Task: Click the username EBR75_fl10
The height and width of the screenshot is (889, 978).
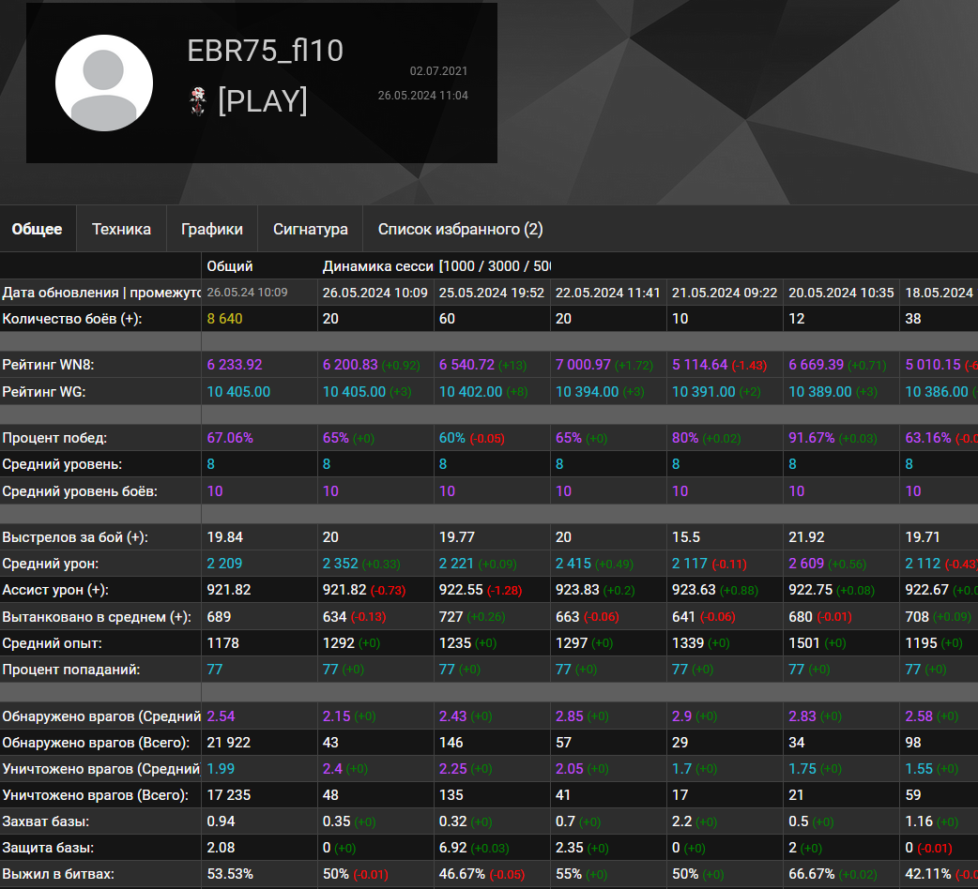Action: tap(266, 51)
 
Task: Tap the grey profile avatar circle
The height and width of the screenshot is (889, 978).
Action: tap(104, 83)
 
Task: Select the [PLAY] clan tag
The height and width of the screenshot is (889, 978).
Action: tap(262, 100)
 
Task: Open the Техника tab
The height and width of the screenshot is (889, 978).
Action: tap(121, 229)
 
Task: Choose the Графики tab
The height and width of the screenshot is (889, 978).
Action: tap(212, 229)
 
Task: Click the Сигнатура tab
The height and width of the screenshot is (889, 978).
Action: tap(311, 229)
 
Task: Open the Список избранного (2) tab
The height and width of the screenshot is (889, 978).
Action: tap(460, 229)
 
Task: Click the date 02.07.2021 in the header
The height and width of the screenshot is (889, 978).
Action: tap(438, 71)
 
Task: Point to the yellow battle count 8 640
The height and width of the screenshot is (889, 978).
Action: tap(225, 319)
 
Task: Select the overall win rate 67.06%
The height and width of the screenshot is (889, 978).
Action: tap(230, 438)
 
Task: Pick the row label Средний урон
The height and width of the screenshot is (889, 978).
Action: tap(51, 564)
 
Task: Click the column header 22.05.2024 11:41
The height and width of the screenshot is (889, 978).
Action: tap(608, 293)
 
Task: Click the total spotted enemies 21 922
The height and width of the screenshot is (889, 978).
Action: tap(229, 743)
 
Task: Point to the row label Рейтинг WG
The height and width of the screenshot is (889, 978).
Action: tap(44, 392)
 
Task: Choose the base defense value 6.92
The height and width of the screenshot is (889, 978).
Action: tap(453, 848)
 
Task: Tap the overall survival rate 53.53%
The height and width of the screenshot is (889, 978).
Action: tap(230, 874)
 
